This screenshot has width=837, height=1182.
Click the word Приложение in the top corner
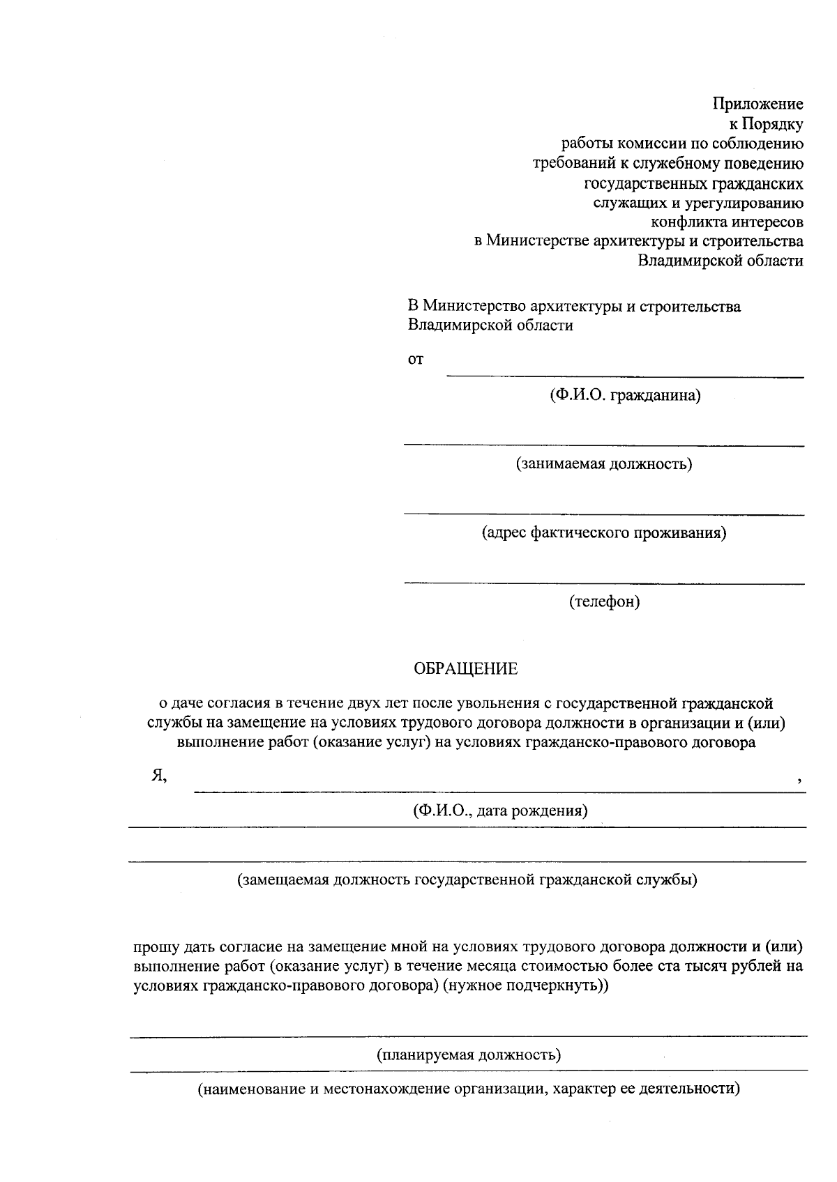point(757,105)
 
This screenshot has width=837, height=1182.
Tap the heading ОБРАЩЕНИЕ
point(466,669)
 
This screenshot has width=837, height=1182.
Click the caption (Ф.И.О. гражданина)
point(624,396)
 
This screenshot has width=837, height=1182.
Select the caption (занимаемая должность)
point(604,464)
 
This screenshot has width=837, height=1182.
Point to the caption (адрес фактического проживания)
point(604,533)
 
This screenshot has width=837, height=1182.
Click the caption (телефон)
point(604,601)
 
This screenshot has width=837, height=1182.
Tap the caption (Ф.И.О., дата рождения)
point(499,811)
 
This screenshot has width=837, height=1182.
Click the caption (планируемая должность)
point(469,1054)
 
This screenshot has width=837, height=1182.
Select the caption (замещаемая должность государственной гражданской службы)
point(467,880)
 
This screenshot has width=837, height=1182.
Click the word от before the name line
point(416,360)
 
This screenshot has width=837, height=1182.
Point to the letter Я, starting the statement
point(159,776)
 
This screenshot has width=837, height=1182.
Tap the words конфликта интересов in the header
point(727,222)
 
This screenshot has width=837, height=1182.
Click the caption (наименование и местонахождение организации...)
point(469,1089)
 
